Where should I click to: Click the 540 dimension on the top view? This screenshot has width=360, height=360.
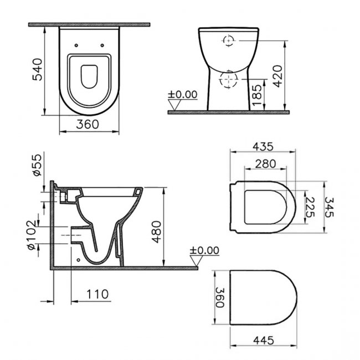pyautogui.click(x=37, y=69)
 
